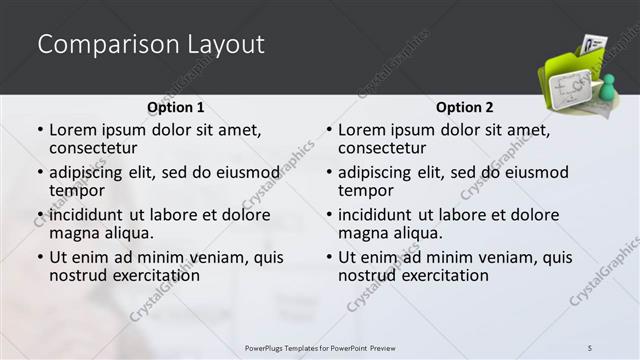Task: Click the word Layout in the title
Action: coord(224,44)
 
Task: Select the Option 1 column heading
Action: coord(175,107)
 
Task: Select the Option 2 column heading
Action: coord(465,107)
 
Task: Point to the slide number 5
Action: coord(590,347)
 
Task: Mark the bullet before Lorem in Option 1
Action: coord(40,131)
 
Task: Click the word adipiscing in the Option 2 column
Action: coord(375,173)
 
